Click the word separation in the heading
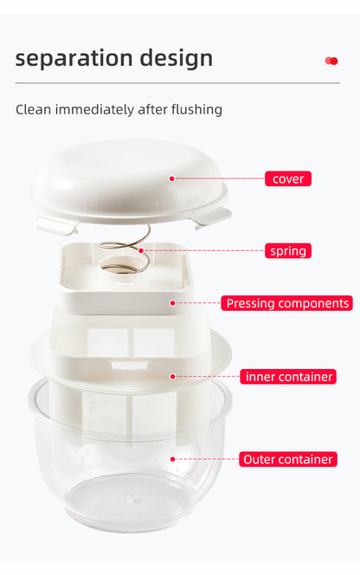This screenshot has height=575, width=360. point(69,59)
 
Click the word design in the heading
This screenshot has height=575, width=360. point(170,59)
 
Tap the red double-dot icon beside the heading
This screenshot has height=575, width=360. point(331,61)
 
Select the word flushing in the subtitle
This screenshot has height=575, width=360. point(191,110)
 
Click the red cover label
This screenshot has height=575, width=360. point(287,179)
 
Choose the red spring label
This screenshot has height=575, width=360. point(287,251)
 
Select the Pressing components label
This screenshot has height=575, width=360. point(286,303)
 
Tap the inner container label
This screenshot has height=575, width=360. point(288,377)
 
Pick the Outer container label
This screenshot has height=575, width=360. point(288,459)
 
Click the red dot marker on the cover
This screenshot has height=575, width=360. point(172,178)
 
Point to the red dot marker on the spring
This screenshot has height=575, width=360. point(141,251)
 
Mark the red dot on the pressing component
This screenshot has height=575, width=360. point(172,303)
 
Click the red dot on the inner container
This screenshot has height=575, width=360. point(172,377)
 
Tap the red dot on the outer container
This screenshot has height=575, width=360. point(172,459)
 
